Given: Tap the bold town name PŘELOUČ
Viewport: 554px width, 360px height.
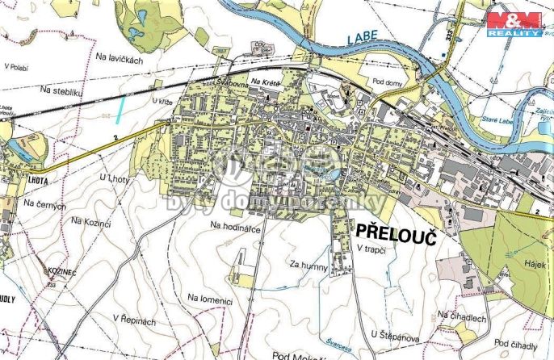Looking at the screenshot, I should pos(396,234).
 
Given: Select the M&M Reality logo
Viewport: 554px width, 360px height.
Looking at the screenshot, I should pos(514,23).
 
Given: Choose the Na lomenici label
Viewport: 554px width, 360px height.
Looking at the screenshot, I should pos(211,299).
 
